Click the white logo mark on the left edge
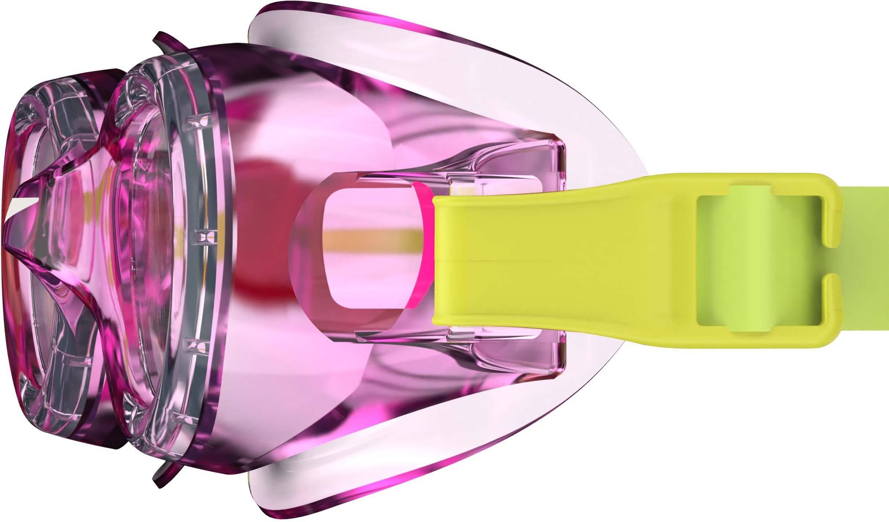click(20, 204)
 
